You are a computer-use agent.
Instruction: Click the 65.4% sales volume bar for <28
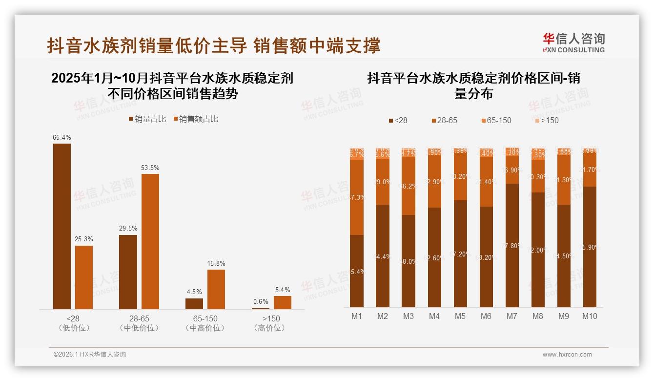62,226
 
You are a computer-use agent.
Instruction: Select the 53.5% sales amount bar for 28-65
150,241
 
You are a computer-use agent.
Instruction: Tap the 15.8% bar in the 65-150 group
216,289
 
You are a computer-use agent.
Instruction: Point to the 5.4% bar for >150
282,302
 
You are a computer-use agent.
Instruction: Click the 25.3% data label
84,239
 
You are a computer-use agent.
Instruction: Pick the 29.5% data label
128,228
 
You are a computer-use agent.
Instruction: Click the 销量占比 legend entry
147,119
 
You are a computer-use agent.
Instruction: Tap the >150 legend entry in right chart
546,120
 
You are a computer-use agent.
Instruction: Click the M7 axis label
511,316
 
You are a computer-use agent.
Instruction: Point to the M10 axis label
589,316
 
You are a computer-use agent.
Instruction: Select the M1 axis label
357,316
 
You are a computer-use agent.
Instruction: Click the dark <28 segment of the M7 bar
512,245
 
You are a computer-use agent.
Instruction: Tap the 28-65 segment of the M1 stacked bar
357,197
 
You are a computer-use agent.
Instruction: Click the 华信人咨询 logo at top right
573,42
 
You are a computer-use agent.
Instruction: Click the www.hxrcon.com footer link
567,355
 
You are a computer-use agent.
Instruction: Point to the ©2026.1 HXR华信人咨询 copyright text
90,355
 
